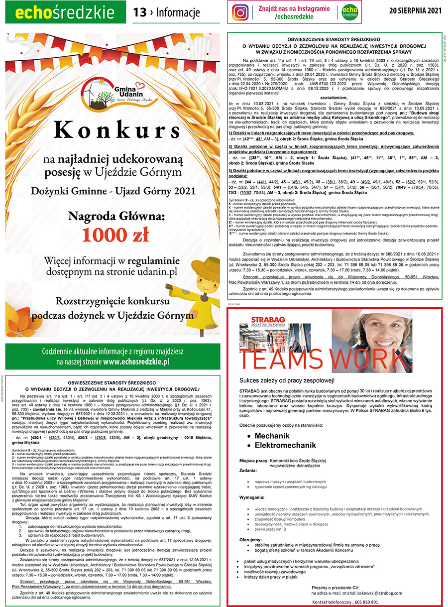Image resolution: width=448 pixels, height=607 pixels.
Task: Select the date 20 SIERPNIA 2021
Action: point(416,10)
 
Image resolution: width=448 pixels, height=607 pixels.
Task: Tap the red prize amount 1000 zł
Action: point(115,235)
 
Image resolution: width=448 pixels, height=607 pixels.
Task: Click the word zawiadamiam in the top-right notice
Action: point(334,98)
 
